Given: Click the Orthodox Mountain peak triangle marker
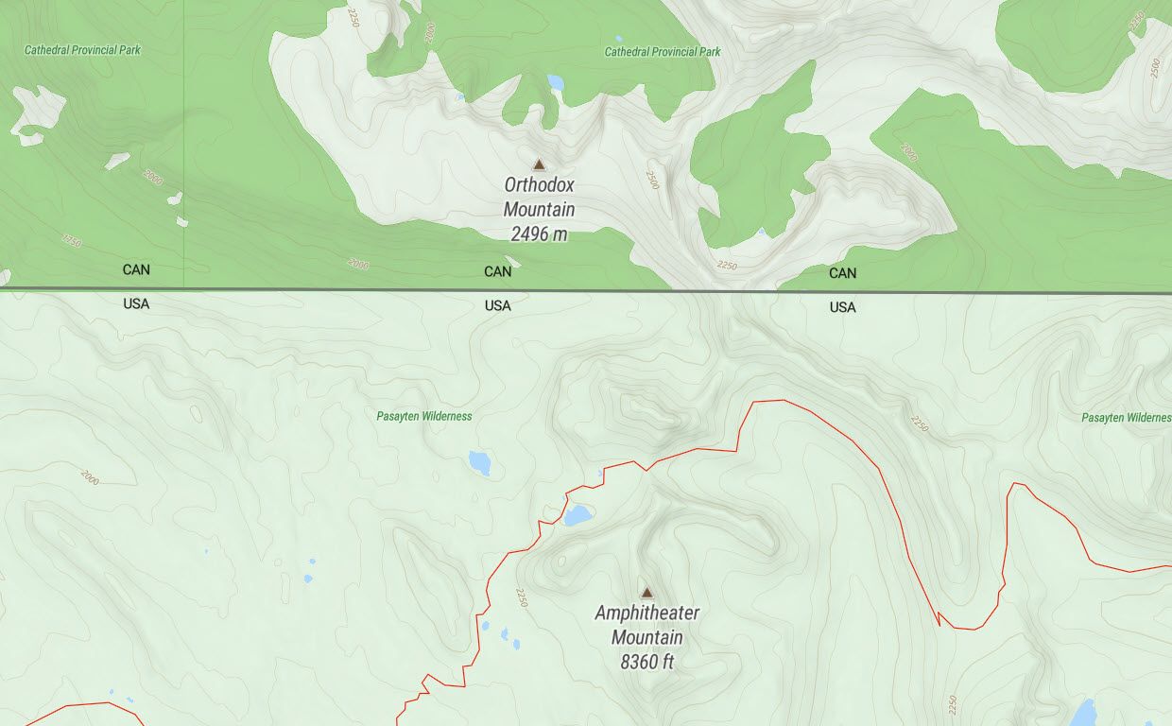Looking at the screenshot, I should tap(539, 164).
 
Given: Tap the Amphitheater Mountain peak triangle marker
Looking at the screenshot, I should tap(646, 593).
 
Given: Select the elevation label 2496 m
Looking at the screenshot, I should tap(539, 234).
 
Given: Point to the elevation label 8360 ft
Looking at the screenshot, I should tap(646, 663).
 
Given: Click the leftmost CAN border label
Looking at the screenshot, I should tap(136, 269).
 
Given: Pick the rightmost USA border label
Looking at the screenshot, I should tap(843, 307).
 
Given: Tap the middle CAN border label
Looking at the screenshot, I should tap(498, 271).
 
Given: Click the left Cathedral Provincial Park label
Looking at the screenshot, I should tap(82, 50).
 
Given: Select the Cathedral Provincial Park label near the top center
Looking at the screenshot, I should tap(663, 52).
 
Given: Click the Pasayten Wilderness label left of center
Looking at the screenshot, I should tap(423, 416).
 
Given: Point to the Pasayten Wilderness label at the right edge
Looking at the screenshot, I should tap(1126, 417).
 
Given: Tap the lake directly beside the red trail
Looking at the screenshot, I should tap(577, 515).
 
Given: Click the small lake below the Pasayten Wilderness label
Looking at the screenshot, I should tap(480, 462).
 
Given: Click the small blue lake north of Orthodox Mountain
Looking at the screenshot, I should tap(555, 83).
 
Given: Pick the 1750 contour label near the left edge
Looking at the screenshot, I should tap(71, 240).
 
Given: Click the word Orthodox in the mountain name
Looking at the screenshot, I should tap(539, 185).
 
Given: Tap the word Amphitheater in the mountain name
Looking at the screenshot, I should tap(646, 613).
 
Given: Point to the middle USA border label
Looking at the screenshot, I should tap(498, 305).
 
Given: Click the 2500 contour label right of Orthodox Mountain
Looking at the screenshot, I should tap(651, 180).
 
